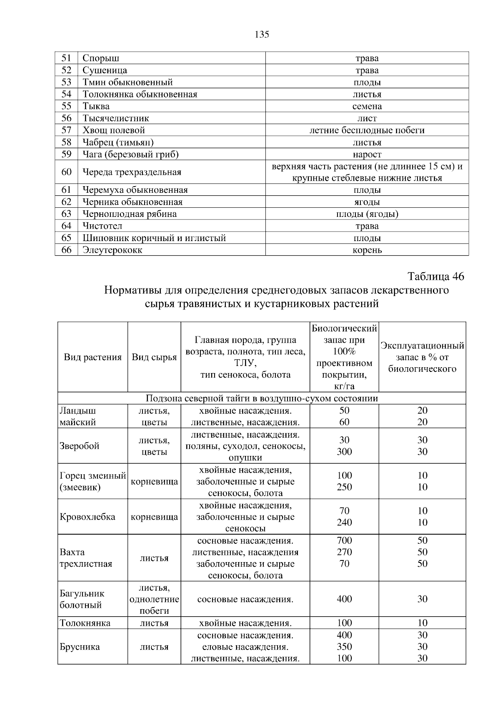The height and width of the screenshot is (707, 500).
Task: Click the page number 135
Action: [x=262, y=35]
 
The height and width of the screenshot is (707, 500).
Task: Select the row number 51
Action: [x=66, y=58]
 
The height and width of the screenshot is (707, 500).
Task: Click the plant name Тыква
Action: [x=96, y=106]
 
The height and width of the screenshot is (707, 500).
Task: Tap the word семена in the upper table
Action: [x=367, y=106]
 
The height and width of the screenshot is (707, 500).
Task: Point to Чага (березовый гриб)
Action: [x=130, y=154]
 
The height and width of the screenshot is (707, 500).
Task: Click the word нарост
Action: [x=367, y=154]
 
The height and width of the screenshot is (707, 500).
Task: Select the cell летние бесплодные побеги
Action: [x=367, y=130]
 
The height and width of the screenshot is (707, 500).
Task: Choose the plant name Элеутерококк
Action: [x=112, y=250]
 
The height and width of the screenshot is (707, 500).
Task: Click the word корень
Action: [x=367, y=250]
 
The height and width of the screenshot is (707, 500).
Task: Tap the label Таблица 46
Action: [x=435, y=276]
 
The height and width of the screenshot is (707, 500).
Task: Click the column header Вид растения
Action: [x=92, y=357]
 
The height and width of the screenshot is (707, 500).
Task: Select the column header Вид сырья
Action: [x=154, y=357]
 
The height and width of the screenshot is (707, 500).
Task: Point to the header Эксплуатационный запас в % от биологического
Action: [x=422, y=357]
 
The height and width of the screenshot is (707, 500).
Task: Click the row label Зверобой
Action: [x=80, y=446]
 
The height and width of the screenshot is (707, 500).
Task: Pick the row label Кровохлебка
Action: [x=87, y=517]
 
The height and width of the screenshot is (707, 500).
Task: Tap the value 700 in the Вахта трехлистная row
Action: [x=344, y=540]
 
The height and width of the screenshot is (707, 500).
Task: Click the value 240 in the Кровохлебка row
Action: [x=344, y=523]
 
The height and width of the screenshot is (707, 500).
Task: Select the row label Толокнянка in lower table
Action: [x=85, y=623]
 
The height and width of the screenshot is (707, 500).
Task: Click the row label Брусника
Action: [x=80, y=647]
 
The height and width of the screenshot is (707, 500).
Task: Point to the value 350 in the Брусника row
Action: [x=344, y=647]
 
